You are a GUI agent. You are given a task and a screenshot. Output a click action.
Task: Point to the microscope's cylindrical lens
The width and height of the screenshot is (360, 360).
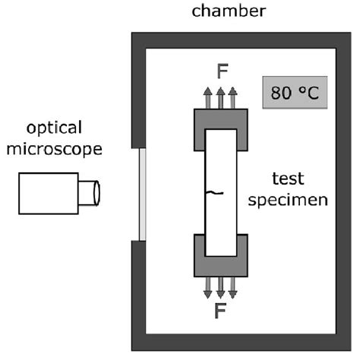click(x=90, y=192)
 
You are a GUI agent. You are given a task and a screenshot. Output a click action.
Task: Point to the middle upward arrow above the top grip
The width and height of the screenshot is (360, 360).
click(x=221, y=98)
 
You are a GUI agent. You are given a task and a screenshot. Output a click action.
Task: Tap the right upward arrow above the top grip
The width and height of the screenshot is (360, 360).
click(x=233, y=98)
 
